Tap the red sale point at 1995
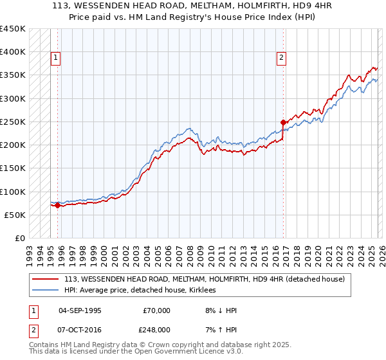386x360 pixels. [x=57, y=206]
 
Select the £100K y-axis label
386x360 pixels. [x=13, y=192]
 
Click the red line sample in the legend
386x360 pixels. [x=46, y=279]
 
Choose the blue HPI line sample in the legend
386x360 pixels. [x=46, y=290]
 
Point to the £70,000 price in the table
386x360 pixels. [x=157, y=310]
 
